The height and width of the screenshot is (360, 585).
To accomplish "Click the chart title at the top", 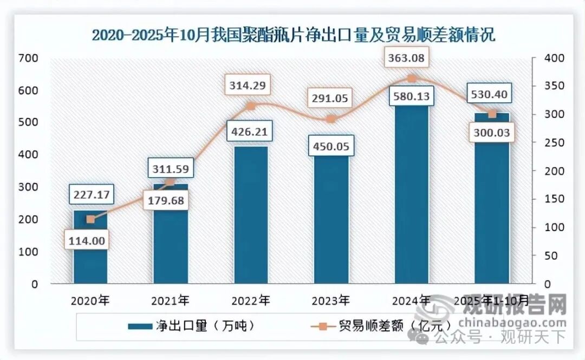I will [293, 35].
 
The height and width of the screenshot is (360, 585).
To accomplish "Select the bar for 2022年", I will [251, 217].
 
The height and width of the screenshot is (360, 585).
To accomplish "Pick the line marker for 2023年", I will [331, 119].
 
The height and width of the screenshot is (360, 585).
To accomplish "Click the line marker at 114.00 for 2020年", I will [90, 219].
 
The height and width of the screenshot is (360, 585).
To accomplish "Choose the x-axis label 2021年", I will [170, 300].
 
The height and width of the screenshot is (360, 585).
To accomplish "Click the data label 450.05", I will [331, 147].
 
